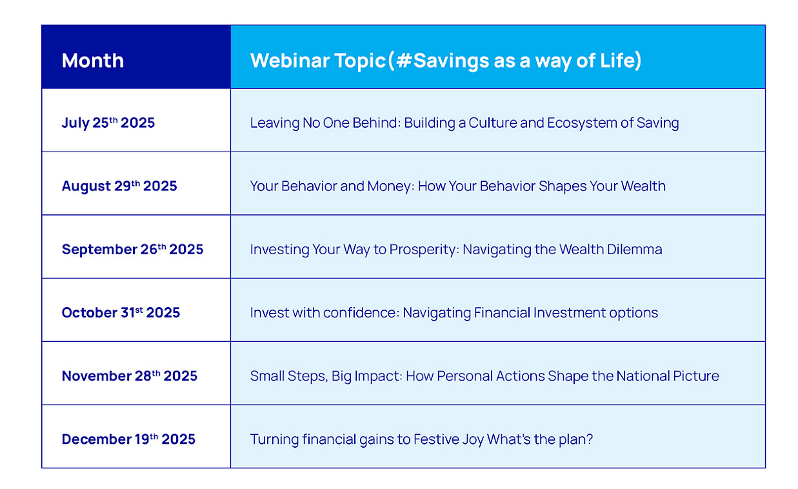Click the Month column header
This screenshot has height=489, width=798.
coord(93,60)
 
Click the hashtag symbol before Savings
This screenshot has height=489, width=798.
coord(404,60)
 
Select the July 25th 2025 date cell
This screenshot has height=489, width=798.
coord(108,123)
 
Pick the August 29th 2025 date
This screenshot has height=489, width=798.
coord(119,186)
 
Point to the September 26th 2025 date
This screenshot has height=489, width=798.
coord(132,249)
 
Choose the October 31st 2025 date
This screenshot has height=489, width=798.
coord(121,312)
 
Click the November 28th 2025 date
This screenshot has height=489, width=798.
coord(129,375)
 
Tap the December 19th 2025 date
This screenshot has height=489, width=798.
coord(128,439)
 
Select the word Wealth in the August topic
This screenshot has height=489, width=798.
coord(643,186)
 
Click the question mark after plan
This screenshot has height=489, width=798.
coord(589,439)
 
